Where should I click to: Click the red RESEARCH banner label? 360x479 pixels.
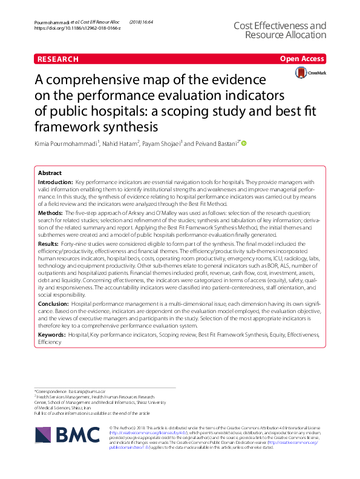(x=58, y=59)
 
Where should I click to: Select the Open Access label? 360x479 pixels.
(x=302, y=59)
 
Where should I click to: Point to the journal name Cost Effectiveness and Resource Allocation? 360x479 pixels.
(x=279, y=30)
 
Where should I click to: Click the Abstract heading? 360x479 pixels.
(x=50, y=173)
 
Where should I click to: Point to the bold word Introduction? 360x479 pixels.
(x=55, y=182)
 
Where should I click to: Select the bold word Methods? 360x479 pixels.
(x=51, y=214)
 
